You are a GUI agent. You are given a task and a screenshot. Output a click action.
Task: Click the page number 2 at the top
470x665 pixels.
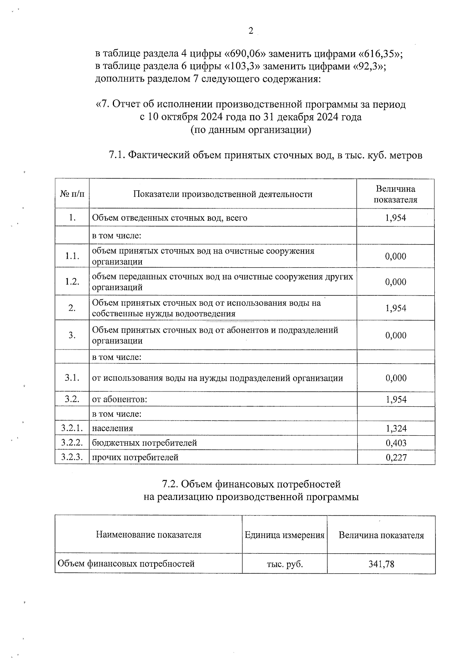[x=251, y=31]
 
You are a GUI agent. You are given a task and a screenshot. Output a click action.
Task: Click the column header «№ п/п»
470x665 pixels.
[x=72, y=194]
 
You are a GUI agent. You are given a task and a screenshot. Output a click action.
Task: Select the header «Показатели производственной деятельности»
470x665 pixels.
[x=223, y=194]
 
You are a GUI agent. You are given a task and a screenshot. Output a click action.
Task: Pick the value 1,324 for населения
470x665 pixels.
[x=396, y=428]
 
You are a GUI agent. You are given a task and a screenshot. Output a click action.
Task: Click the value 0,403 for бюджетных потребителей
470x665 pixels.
[x=396, y=443]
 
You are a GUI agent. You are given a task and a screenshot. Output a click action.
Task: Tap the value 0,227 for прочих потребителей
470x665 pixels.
[x=396, y=457]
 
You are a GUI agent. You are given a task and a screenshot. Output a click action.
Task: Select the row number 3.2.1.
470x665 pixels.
[x=72, y=428]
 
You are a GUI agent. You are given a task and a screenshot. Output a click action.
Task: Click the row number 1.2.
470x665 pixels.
[x=72, y=282]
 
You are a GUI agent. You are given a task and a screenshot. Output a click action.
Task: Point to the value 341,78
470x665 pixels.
[x=381, y=564]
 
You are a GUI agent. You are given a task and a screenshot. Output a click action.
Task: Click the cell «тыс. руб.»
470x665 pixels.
[x=285, y=564]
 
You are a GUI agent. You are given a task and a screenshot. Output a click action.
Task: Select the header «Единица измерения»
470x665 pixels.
[x=285, y=535]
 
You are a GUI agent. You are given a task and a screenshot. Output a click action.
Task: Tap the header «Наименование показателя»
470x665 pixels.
[x=148, y=535]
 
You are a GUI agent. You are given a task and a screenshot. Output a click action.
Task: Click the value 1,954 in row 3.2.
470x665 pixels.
[x=396, y=400]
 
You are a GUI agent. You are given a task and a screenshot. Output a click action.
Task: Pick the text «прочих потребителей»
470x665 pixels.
[x=135, y=457]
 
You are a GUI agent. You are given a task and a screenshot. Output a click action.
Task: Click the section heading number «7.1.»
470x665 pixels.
[x=117, y=155]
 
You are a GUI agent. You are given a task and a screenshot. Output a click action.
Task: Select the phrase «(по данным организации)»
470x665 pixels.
[x=251, y=130]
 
